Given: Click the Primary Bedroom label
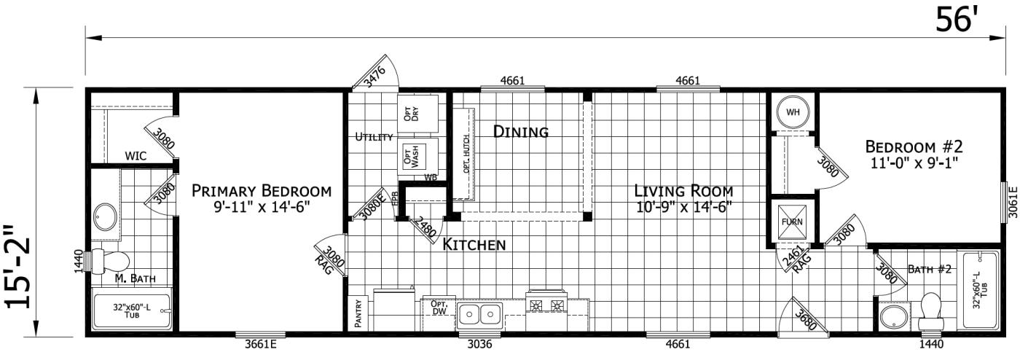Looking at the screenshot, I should [261, 191].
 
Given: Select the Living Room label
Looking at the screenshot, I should [683, 191].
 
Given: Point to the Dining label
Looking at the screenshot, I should [520, 132].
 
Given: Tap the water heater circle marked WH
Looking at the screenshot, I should [793, 112].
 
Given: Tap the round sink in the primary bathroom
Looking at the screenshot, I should [106, 216].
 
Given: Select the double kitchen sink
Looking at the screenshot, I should [479, 316].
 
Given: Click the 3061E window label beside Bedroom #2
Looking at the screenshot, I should [1013, 201].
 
